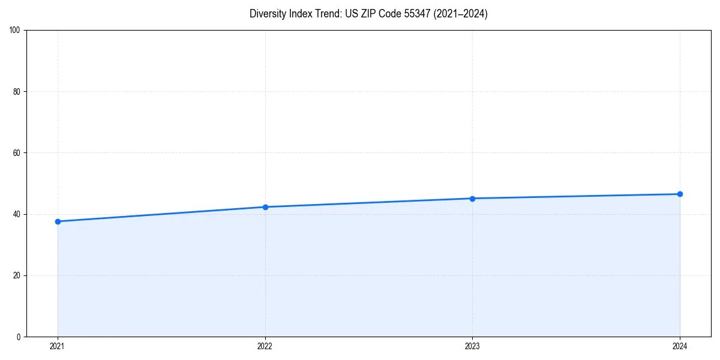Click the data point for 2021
pos(58,221)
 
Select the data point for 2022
pos(265,207)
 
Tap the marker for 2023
pos(472,199)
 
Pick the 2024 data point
pos(680,194)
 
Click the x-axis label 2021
pos(58,346)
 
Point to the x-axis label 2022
pos(265,346)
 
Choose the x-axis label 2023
pos(472,346)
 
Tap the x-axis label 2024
pos(680,346)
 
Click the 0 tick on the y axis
pos(19,337)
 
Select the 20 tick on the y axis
pos(17,275)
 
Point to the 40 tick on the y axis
pos(17,214)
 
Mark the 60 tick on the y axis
pos(17,153)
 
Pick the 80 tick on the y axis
pos(17,92)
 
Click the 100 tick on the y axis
pos(15,30)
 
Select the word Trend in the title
pos(326,14)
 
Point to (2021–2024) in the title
pos(460,14)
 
